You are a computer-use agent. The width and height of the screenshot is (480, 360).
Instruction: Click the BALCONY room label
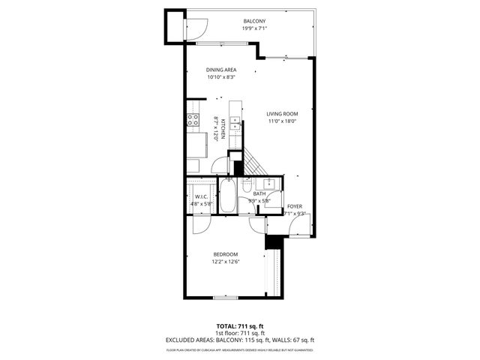coord(255,20)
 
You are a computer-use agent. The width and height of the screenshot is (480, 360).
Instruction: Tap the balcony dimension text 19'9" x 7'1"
coord(255,28)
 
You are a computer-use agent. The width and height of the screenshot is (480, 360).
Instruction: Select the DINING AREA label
coord(221,70)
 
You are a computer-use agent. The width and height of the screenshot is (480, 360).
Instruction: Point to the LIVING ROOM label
coord(282,114)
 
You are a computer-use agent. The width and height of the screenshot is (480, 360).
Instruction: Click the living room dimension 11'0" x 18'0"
coord(282,121)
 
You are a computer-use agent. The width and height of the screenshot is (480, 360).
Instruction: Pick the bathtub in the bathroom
coord(228,197)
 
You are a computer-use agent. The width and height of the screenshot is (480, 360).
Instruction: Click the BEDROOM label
coord(225,254)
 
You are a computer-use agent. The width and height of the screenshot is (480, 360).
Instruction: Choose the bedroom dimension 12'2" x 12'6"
coord(225,262)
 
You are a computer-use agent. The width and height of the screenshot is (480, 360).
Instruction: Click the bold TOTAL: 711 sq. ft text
coord(240,325)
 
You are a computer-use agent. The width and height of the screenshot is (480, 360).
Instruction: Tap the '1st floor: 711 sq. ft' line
coord(240,333)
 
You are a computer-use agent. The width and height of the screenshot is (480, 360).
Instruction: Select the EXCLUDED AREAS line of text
coord(240,340)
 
